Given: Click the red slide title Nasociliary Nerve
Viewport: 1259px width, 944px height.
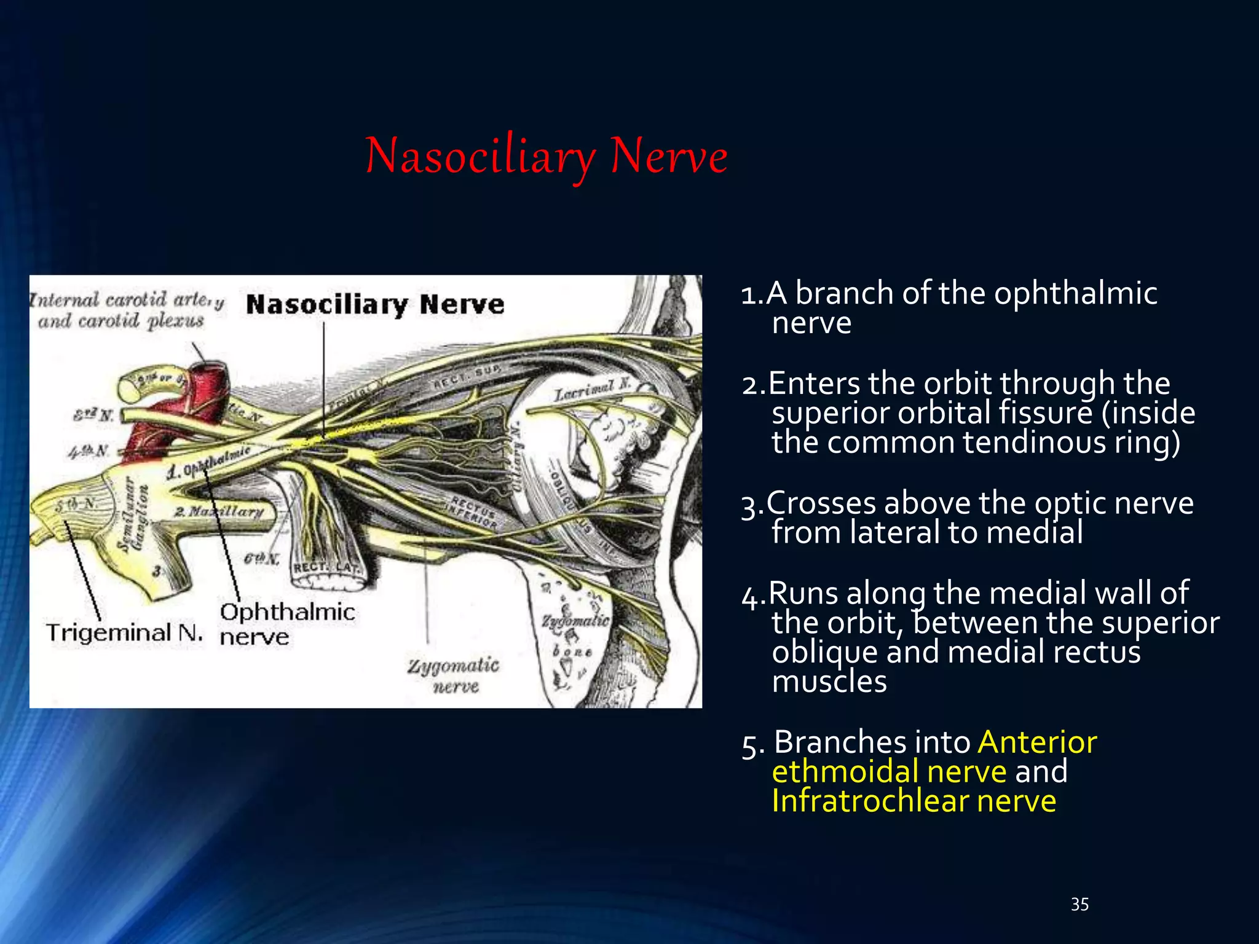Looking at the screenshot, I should (x=546, y=156).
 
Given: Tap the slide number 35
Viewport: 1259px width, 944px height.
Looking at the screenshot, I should (x=1079, y=904).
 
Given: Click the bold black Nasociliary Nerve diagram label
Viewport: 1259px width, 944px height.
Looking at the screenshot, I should (x=375, y=305).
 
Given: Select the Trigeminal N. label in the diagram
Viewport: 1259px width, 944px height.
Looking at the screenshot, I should (x=124, y=632).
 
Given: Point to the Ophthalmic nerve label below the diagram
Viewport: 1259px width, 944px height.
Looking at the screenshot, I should (x=286, y=623).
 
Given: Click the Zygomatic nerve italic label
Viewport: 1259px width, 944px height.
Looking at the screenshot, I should (x=454, y=675).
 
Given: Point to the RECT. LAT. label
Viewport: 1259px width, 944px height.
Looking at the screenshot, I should (x=326, y=567).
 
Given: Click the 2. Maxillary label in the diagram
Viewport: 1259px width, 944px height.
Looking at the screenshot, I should (x=219, y=511).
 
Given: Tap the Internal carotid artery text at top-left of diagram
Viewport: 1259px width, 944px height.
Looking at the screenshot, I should (x=127, y=301).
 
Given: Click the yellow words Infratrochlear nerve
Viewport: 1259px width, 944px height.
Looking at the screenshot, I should (x=914, y=801).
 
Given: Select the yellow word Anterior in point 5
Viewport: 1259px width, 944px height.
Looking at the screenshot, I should (x=1037, y=742).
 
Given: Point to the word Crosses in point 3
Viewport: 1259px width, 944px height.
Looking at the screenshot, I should (x=821, y=503).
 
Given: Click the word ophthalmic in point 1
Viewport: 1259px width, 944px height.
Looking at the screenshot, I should (x=1075, y=293).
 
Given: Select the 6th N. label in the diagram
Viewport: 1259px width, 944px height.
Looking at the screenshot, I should (x=261, y=559).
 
